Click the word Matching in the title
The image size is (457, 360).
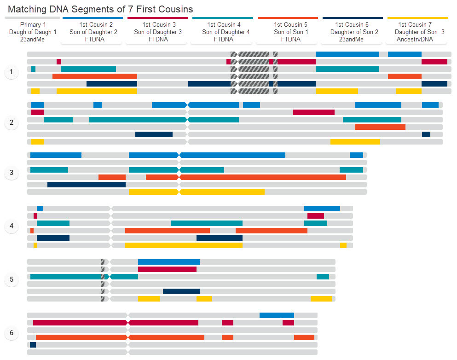[26, 9]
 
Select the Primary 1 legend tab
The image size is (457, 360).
[32, 32]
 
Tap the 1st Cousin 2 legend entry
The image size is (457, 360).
[93, 32]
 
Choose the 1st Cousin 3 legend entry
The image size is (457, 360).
[157, 32]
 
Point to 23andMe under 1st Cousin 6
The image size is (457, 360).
[352, 40]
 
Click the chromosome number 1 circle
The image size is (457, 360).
[11, 72]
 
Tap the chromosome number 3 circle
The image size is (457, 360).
[11, 173]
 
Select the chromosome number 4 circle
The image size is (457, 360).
[11, 226]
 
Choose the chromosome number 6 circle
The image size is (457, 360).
[11, 333]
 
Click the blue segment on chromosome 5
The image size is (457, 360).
[168, 262]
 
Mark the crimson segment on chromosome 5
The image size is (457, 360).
[167, 269]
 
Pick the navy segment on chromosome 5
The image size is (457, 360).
[181, 291]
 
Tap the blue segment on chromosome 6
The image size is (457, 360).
[277, 315]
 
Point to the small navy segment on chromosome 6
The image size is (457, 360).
[33, 345]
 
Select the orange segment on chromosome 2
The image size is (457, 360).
[380, 127]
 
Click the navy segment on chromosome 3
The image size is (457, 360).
[86, 185]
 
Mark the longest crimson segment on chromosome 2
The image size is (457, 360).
[313, 112]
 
